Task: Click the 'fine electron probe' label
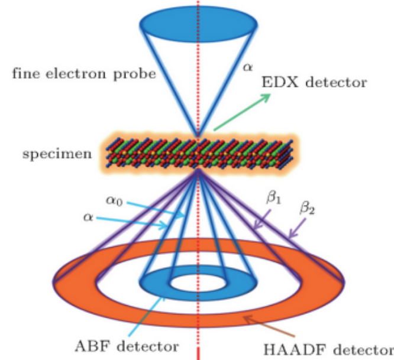84,74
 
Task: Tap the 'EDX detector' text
314,82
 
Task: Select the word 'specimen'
57,154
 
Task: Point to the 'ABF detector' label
127,346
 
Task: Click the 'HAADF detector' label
328,350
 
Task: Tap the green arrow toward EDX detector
242,112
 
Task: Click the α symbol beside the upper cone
247,67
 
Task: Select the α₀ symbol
114,201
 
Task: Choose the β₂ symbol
307,209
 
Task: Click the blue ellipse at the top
199,24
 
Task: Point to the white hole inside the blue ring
198,283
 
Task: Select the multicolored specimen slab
199,153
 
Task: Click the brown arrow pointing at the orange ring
269,326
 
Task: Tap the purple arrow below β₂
297,228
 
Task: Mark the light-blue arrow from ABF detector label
147,316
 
